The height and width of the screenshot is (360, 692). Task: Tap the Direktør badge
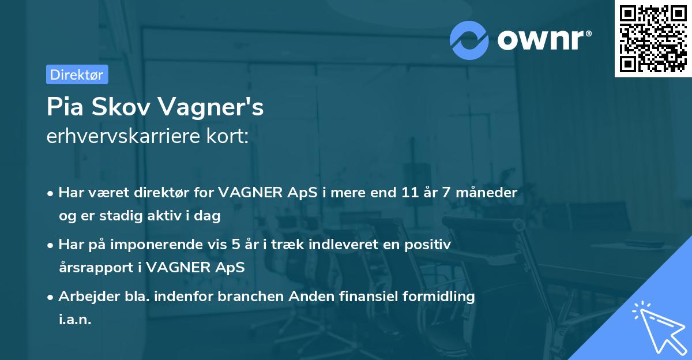point(77,74)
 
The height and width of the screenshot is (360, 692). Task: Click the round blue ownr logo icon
point(469,40)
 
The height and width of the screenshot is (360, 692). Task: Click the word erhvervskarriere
point(121,136)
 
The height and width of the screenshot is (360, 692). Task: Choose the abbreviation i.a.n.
point(75,320)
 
